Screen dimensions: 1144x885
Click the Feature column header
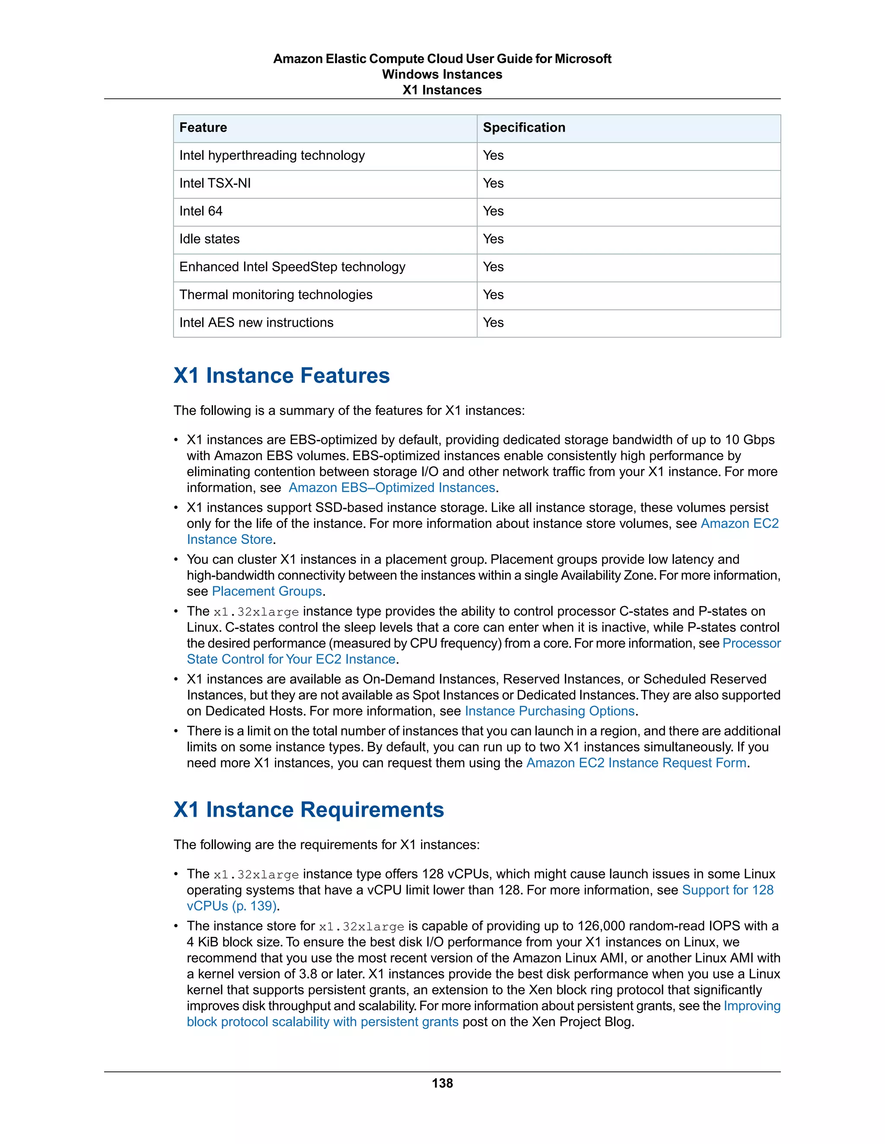204,128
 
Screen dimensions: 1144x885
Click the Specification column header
524,128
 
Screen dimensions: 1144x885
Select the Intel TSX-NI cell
215,183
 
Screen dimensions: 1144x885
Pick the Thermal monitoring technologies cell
276,295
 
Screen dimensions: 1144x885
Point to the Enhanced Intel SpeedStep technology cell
292,267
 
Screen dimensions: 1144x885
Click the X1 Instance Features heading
282,376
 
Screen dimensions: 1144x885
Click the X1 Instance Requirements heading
309,810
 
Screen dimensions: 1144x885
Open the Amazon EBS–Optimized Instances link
392,488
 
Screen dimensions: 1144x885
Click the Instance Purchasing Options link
550,711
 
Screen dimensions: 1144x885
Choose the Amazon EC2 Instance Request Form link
636,763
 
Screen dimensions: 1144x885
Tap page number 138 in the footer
442,1083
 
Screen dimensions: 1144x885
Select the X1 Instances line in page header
442,90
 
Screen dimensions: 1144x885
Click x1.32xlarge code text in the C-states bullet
256,612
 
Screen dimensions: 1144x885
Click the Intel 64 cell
201,212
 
